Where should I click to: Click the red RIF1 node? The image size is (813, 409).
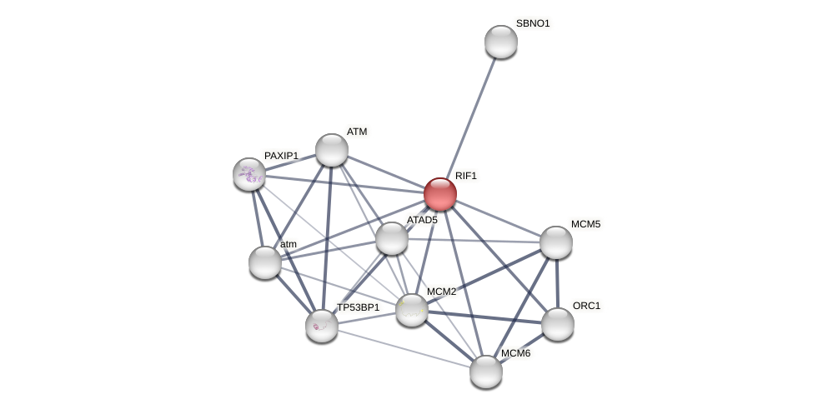tap(439, 194)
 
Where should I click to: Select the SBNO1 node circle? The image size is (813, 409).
tap(500, 42)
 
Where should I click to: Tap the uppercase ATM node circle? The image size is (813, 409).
tap(331, 150)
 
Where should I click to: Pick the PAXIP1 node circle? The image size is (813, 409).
tap(248, 174)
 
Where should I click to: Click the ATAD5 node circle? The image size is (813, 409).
tap(391, 238)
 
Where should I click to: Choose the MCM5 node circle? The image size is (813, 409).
tap(555, 242)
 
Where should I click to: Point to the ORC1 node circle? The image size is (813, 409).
tap(557, 324)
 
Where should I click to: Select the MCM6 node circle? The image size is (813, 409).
tap(485, 372)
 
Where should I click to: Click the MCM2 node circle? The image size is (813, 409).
tap(411, 310)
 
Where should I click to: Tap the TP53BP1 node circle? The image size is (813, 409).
tap(321, 326)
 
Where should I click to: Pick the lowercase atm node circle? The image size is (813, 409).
tap(264, 262)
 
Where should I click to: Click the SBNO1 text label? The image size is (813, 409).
tap(533, 23)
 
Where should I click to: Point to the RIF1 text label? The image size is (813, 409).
tap(466, 176)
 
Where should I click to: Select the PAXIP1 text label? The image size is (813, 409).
tap(281, 156)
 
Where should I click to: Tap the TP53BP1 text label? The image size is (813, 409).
tap(358, 307)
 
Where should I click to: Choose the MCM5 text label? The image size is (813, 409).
tap(585, 224)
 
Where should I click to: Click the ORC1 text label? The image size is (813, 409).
tap(586, 306)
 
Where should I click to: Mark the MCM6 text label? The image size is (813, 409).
tap(515, 353)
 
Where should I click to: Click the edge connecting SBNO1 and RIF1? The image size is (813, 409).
tap(470, 117)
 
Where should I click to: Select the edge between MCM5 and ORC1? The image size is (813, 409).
tap(556, 283)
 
